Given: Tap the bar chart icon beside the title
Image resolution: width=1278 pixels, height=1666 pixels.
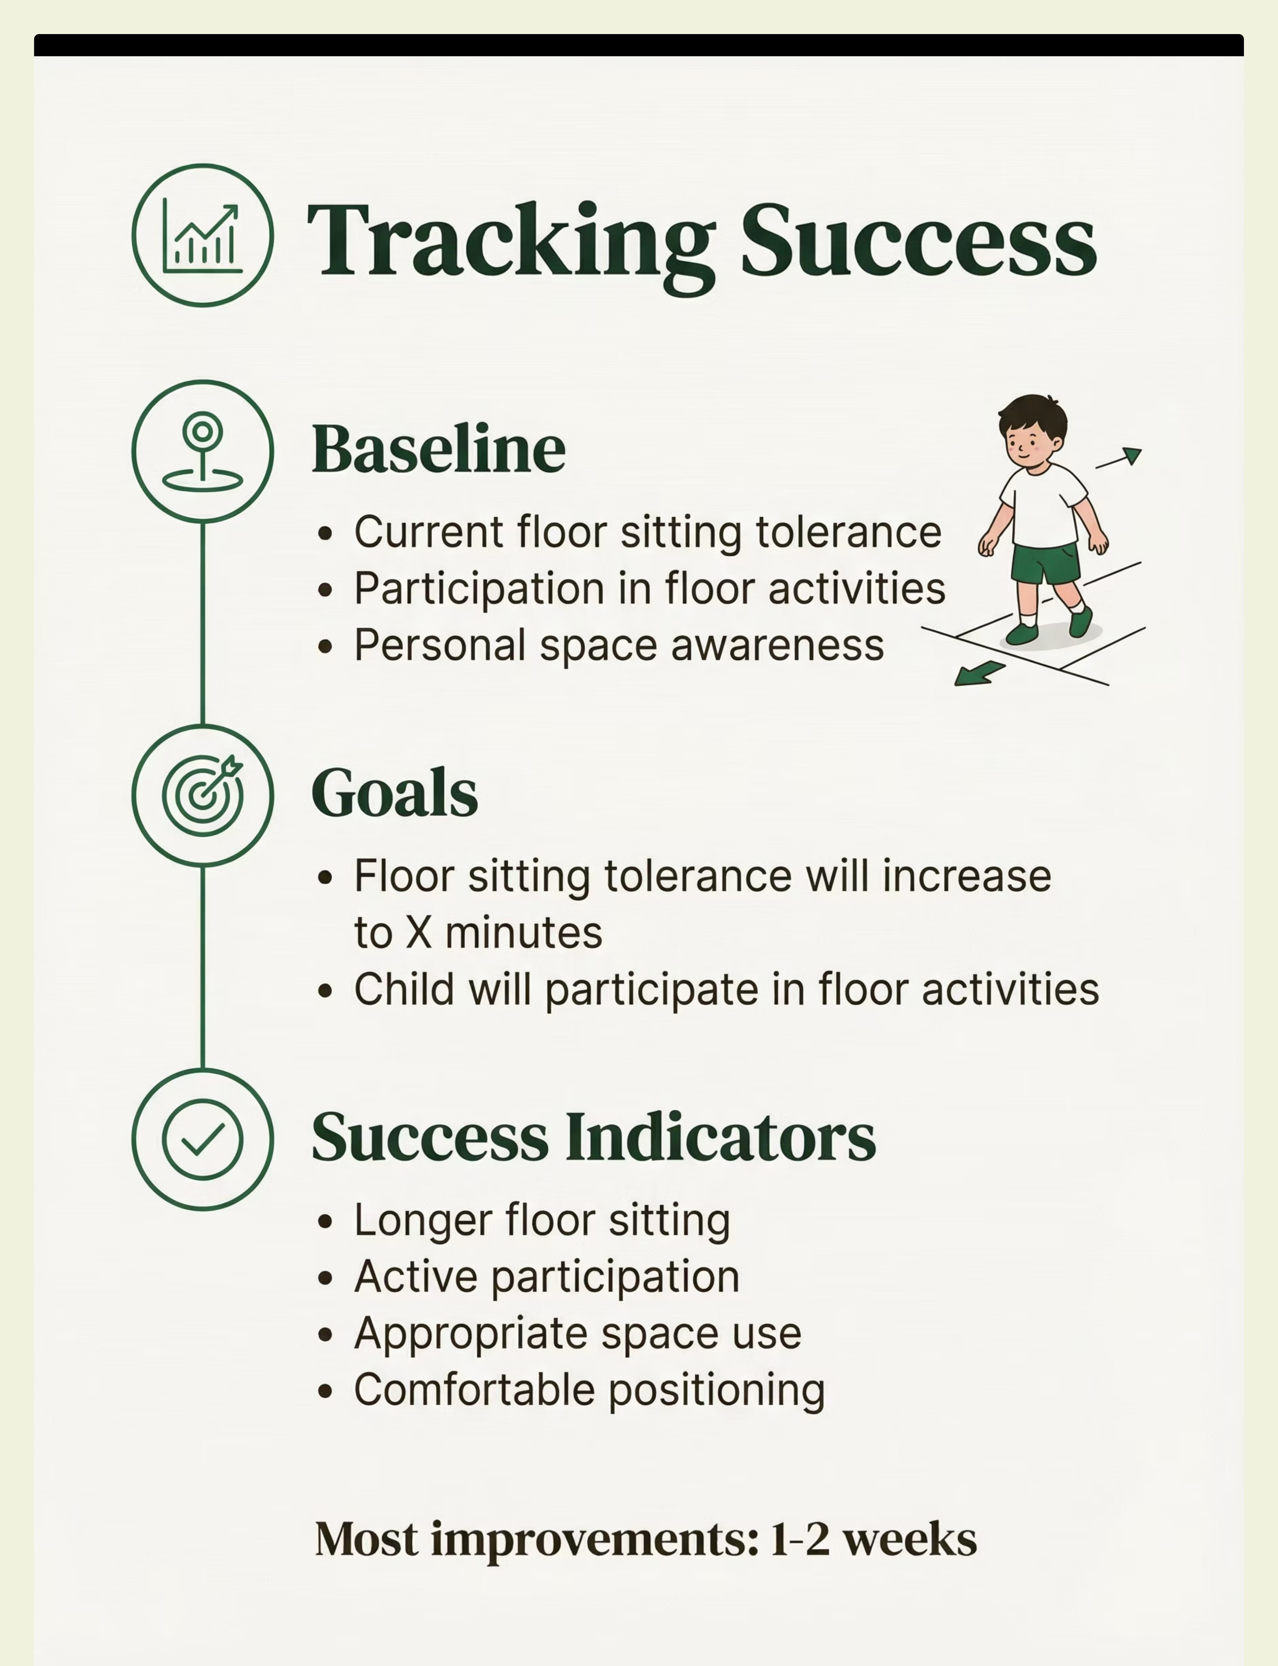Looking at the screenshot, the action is (x=202, y=236).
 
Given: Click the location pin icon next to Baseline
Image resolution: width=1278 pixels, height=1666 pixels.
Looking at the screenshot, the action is (x=202, y=451).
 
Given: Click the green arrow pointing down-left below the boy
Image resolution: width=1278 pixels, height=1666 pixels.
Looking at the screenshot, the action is (x=980, y=673).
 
